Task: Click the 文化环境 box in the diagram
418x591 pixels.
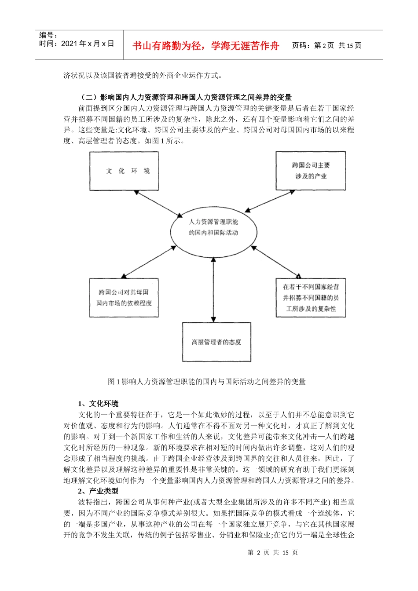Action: [124, 171]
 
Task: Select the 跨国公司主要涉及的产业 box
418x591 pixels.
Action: [311, 171]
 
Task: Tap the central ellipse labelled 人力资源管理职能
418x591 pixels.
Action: [213, 227]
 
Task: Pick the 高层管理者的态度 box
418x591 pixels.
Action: [216, 342]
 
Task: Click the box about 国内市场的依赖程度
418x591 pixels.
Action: [124, 298]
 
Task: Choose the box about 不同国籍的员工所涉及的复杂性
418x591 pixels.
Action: [311, 298]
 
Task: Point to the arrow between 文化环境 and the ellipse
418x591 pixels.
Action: [158, 204]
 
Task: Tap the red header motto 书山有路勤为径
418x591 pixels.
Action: [205, 46]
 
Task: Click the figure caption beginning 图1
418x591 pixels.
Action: [206, 382]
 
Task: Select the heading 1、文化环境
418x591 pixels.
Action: [98, 404]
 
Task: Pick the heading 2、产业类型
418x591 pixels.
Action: [98, 491]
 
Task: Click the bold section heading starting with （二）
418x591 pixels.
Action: [185, 97]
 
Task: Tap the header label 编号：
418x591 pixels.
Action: [48, 35]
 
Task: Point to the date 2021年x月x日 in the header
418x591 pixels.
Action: [77, 44]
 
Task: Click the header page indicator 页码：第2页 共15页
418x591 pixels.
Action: [326, 46]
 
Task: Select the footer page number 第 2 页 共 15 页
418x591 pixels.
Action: [273, 552]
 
